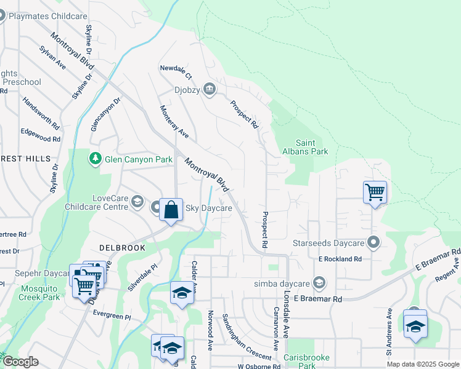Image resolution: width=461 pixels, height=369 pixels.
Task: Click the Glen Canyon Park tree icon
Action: coord(95,159)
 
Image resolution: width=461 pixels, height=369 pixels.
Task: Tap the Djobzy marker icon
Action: coord(210,90)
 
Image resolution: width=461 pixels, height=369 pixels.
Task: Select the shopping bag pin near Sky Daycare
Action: coord(171,210)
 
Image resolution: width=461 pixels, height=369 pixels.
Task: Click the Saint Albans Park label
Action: coord(305,147)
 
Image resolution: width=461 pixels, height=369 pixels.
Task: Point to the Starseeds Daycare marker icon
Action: coord(372,243)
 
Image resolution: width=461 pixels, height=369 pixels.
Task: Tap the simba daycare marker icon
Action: coord(319,283)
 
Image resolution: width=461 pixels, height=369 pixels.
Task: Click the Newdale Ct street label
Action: coord(176,72)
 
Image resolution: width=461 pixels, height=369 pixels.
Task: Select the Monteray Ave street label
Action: coord(174,121)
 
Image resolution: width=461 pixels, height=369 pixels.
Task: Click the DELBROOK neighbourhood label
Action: coord(122,248)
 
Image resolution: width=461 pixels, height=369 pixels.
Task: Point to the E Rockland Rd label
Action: coord(340,260)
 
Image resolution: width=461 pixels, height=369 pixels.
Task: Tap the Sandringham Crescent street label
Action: coord(246,338)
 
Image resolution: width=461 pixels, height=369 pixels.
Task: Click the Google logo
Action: coord(20,362)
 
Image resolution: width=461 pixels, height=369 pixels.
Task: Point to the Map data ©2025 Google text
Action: coord(422,364)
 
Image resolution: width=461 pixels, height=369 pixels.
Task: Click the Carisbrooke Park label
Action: coord(306,361)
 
